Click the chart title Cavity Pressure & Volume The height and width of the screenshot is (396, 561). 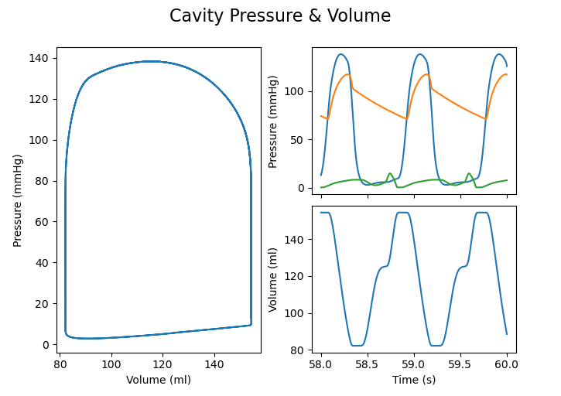pos(280,16)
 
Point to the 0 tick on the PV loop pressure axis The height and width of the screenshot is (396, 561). pos(48,345)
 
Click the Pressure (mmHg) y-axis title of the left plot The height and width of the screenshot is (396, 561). pos(18,200)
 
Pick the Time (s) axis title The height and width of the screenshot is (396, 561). pos(414,379)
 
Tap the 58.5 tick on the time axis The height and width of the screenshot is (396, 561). pos(368,364)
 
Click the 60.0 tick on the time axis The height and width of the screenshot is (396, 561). pos(507,364)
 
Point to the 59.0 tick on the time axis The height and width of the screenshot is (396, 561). pos(414,364)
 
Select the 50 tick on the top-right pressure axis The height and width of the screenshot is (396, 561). pos(298,140)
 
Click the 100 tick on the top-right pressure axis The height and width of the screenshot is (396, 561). pos(296,91)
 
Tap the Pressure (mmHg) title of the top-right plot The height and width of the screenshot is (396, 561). pos(273,120)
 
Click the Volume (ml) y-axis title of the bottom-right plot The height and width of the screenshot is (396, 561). pos(273,279)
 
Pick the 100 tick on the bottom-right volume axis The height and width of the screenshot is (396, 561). pos(296,313)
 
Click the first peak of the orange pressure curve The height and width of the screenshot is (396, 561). pos(349,74)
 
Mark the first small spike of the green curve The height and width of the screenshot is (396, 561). pos(390,174)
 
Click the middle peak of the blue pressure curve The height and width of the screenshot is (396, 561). pos(420,54)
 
